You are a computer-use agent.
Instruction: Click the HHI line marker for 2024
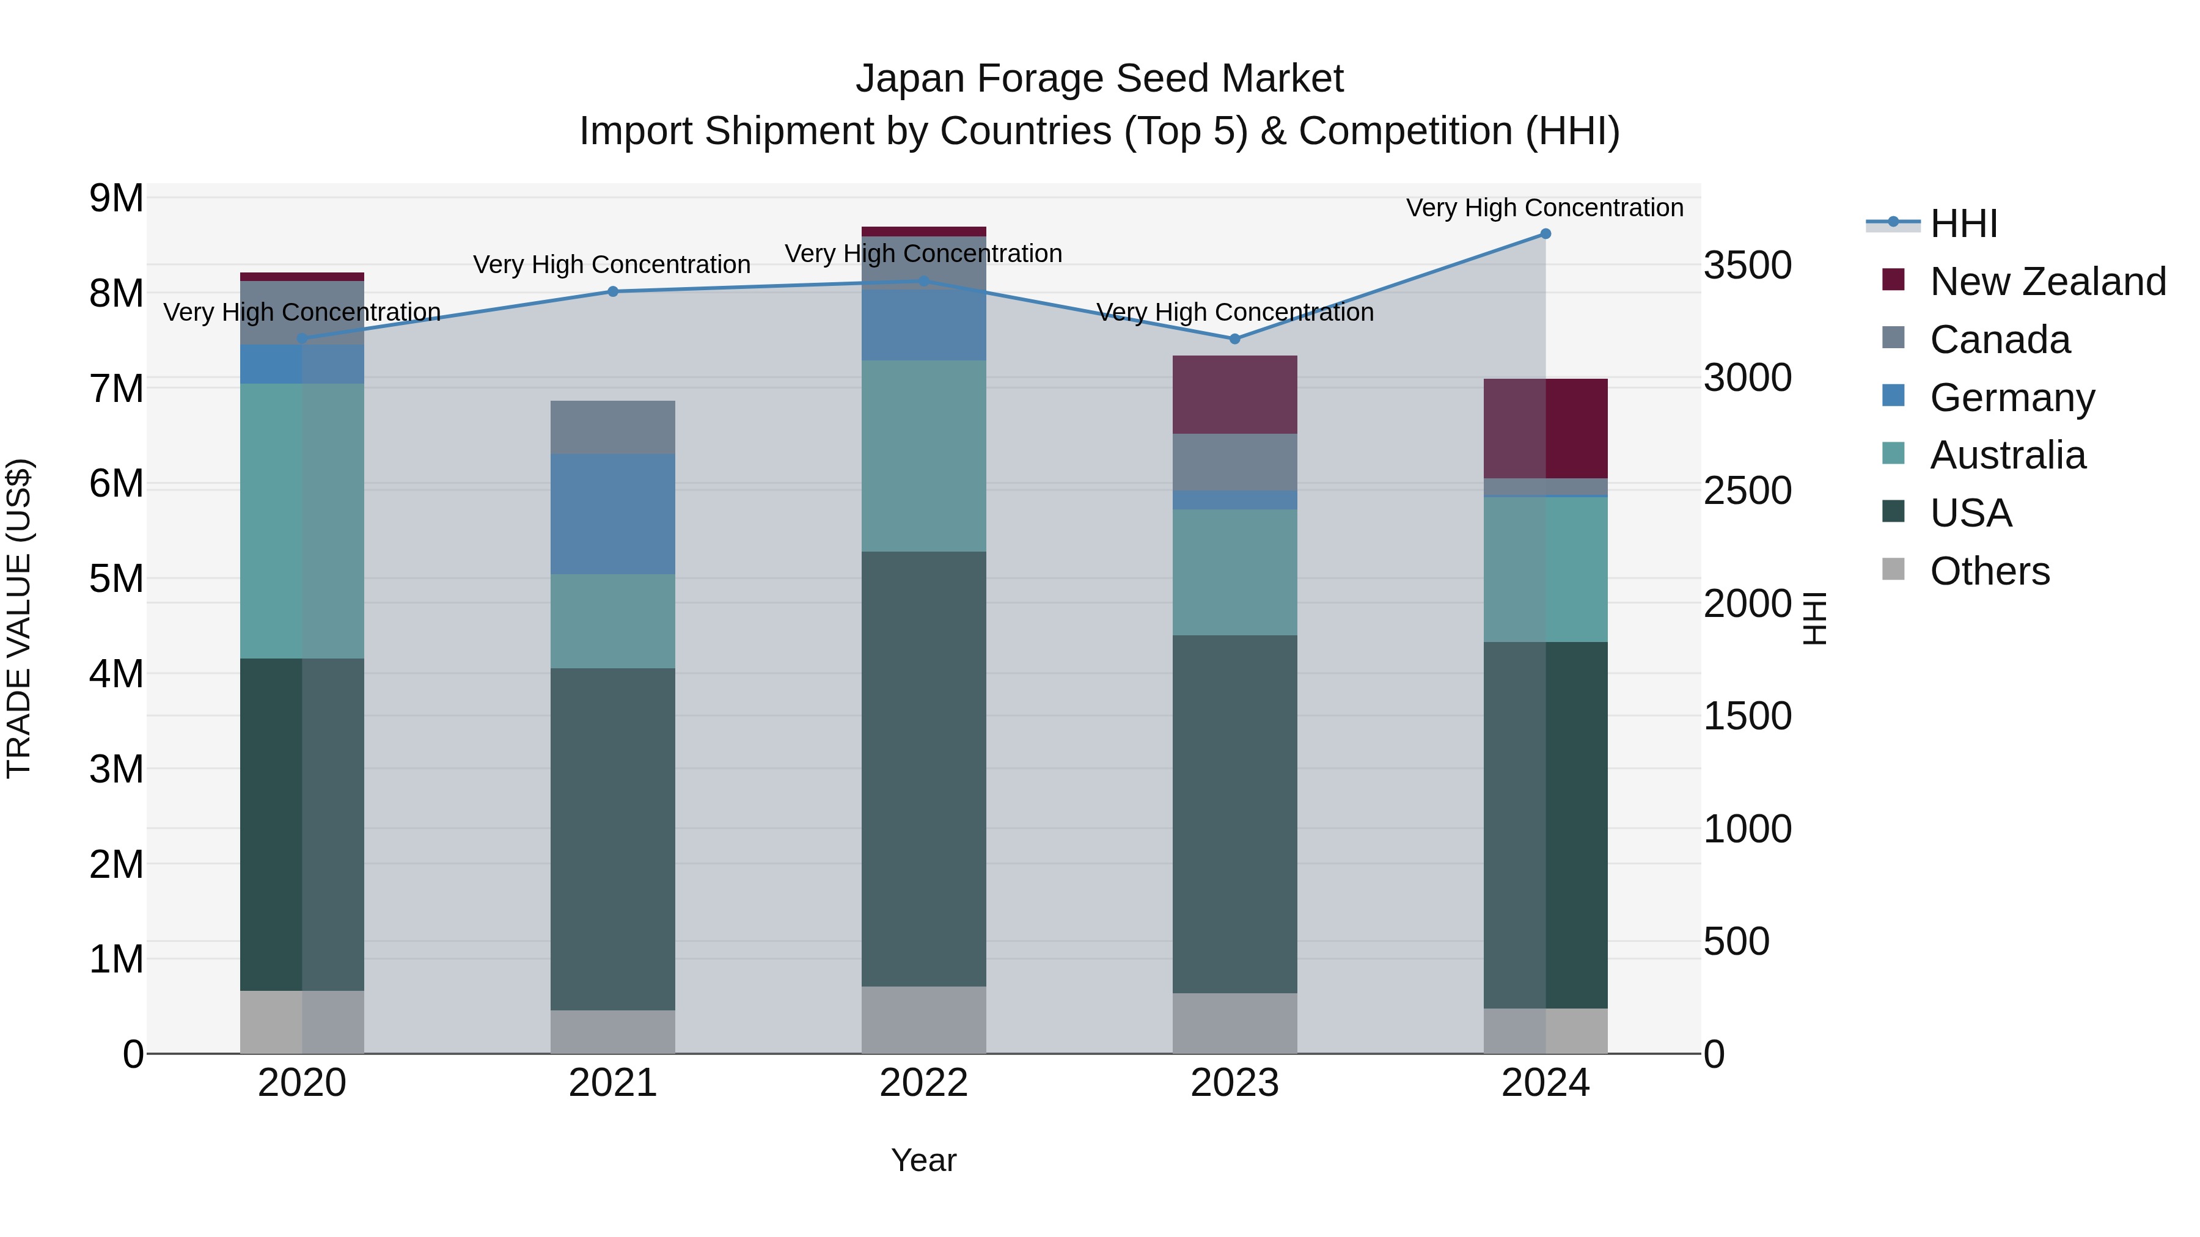click(1545, 234)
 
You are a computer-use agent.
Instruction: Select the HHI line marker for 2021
click(612, 292)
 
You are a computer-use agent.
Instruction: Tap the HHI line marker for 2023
click(1234, 339)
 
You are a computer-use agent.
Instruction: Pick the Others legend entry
click(1989, 571)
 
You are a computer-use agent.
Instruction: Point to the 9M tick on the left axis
click(116, 199)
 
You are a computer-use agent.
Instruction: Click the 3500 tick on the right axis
click(1747, 266)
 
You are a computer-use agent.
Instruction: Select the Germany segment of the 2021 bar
click(612, 514)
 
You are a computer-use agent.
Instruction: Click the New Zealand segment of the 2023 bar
click(1234, 395)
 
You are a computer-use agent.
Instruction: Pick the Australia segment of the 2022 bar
click(923, 456)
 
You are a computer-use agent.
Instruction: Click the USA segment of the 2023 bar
click(1234, 814)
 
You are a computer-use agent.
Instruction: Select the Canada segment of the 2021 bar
click(612, 427)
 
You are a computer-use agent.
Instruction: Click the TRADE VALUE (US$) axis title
click(19, 618)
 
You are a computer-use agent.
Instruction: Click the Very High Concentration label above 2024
click(1544, 208)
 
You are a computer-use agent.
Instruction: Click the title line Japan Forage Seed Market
click(1099, 79)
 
